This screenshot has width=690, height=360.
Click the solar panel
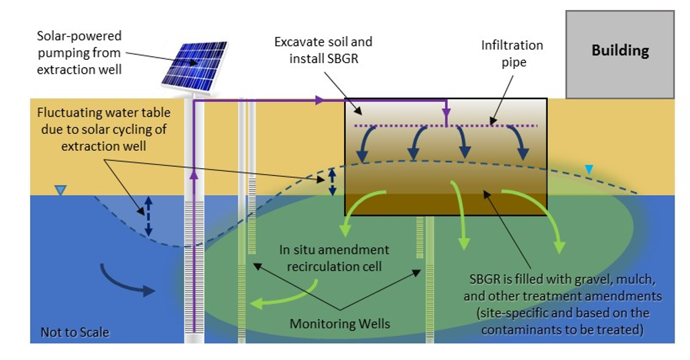point(195,64)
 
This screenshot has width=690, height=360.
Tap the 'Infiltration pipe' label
point(512,53)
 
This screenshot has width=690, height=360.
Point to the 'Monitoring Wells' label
point(339,324)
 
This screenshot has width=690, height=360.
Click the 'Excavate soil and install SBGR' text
point(324,50)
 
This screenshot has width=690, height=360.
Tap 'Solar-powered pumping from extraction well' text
point(79,52)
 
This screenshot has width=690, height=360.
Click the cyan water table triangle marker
point(589,170)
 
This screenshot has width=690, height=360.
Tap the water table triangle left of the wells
point(60,191)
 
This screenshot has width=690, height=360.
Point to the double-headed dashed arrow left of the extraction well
point(149,216)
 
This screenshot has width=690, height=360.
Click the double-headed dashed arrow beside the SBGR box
point(332,181)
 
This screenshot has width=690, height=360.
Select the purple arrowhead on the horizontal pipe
point(321,101)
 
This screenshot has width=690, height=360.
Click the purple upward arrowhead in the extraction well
point(194,176)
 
